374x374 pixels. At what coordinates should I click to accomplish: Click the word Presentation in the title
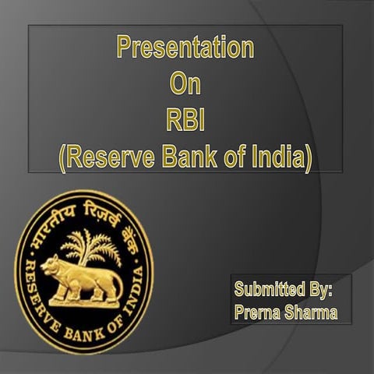[x=185, y=48]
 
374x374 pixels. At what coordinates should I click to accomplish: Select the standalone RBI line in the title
[x=185, y=120]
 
